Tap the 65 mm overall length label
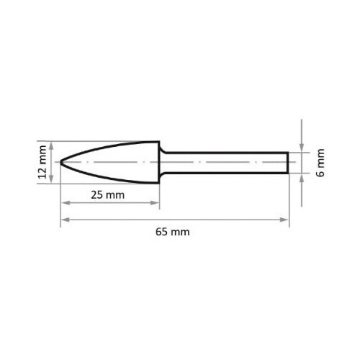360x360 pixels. [175, 233]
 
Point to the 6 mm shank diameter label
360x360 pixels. [320, 163]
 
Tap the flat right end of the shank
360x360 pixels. [289, 163]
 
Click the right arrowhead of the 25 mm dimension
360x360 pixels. [156, 203]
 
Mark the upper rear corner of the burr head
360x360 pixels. [158, 142]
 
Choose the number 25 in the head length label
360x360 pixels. [101, 195]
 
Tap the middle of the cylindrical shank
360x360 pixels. [227, 163]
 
